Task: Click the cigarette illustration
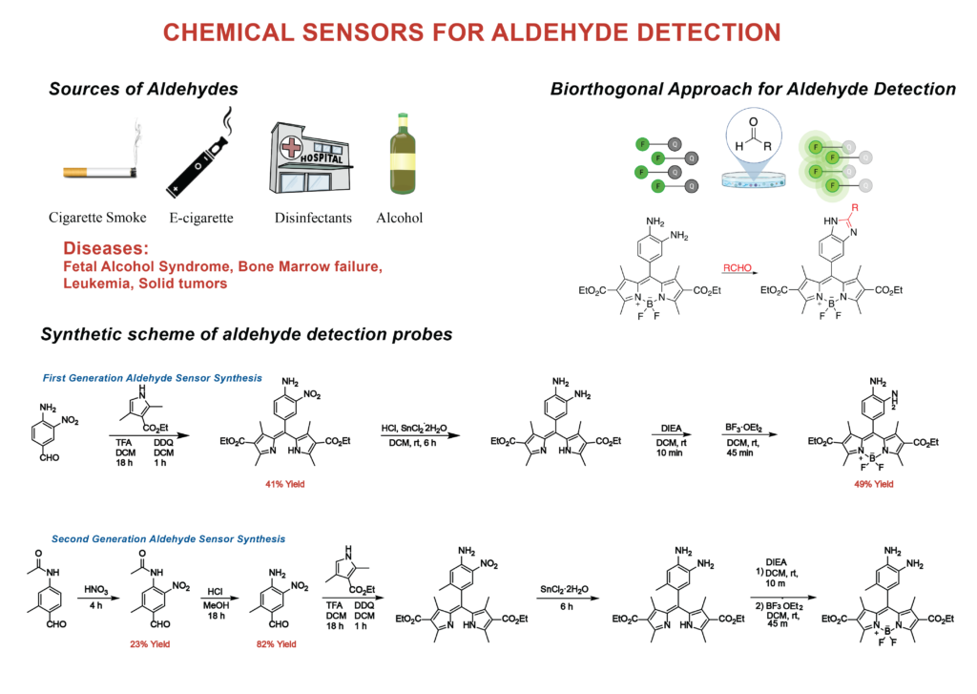(x=99, y=171)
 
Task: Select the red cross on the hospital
(x=291, y=147)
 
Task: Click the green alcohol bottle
(x=403, y=154)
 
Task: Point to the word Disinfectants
(x=313, y=218)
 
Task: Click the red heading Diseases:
(x=106, y=248)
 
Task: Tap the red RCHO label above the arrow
(x=738, y=267)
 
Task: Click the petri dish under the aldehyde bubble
(x=754, y=179)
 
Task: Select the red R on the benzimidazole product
(x=855, y=208)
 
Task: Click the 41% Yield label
(x=284, y=484)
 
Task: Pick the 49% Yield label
(x=874, y=484)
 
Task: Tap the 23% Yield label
(x=150, y=644)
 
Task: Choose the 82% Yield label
(x=276, y=644)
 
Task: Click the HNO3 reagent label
(x=96, y=590)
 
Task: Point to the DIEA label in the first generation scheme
(x=671, y=429)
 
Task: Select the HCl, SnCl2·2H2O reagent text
(x=414, y=429)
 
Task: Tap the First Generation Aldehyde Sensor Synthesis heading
(x=152, y=378)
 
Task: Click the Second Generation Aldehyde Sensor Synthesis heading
(x=168, y=538)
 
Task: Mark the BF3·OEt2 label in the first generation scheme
(x=743, y=428)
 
